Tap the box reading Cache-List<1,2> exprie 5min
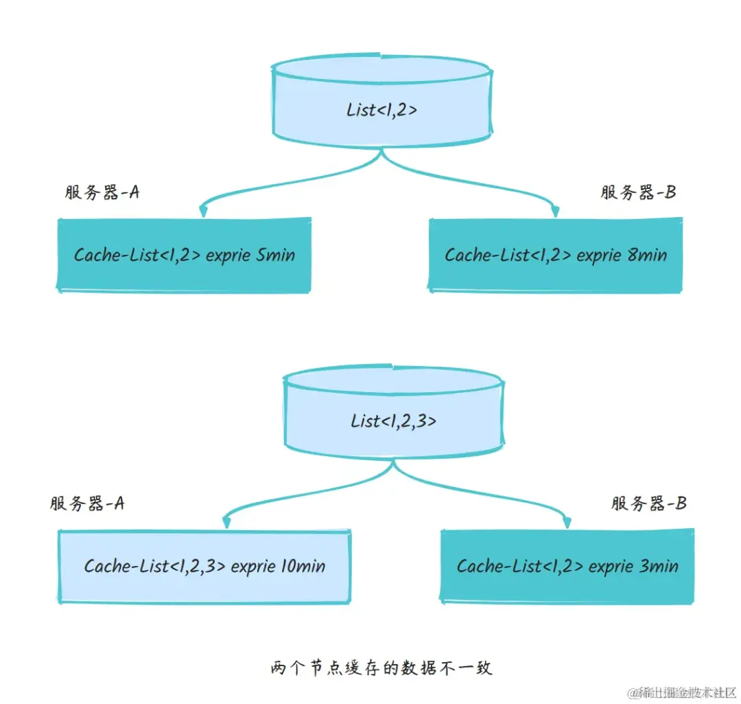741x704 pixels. pos(184,255)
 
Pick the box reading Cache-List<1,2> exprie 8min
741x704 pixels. pos(555,255)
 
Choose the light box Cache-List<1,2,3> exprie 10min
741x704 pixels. pos(204,566)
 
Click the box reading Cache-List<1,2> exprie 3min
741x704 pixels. pos(567,566)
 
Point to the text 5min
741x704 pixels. pos(275,255)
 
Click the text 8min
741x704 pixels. pos(646,255)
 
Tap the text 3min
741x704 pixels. pos(659,566)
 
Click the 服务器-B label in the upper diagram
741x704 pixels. pos(637,192)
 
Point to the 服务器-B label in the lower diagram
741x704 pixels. pos(648,503)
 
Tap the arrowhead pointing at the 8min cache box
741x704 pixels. pos(554,210)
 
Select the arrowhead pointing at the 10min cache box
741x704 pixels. pos(226,523)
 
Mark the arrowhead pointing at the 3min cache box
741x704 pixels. pos(566,521)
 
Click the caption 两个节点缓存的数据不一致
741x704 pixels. pos(381,668)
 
